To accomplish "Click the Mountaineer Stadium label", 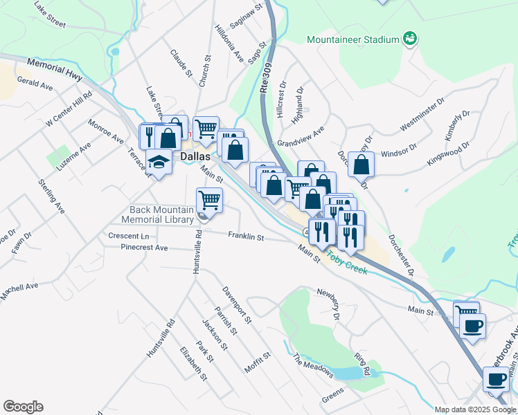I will [354, 39].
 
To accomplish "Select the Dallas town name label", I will [196, 157].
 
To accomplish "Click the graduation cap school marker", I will [159, 162].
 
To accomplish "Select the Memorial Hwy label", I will [55, 68].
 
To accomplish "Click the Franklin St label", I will [246, 237].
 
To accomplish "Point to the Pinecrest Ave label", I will [144, 248].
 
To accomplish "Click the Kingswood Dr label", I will [448, 154].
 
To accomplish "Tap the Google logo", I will [23, 407].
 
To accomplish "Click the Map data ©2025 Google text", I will [475, 409].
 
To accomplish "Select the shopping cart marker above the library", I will [209, 201].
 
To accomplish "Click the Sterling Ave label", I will [52, 198].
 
